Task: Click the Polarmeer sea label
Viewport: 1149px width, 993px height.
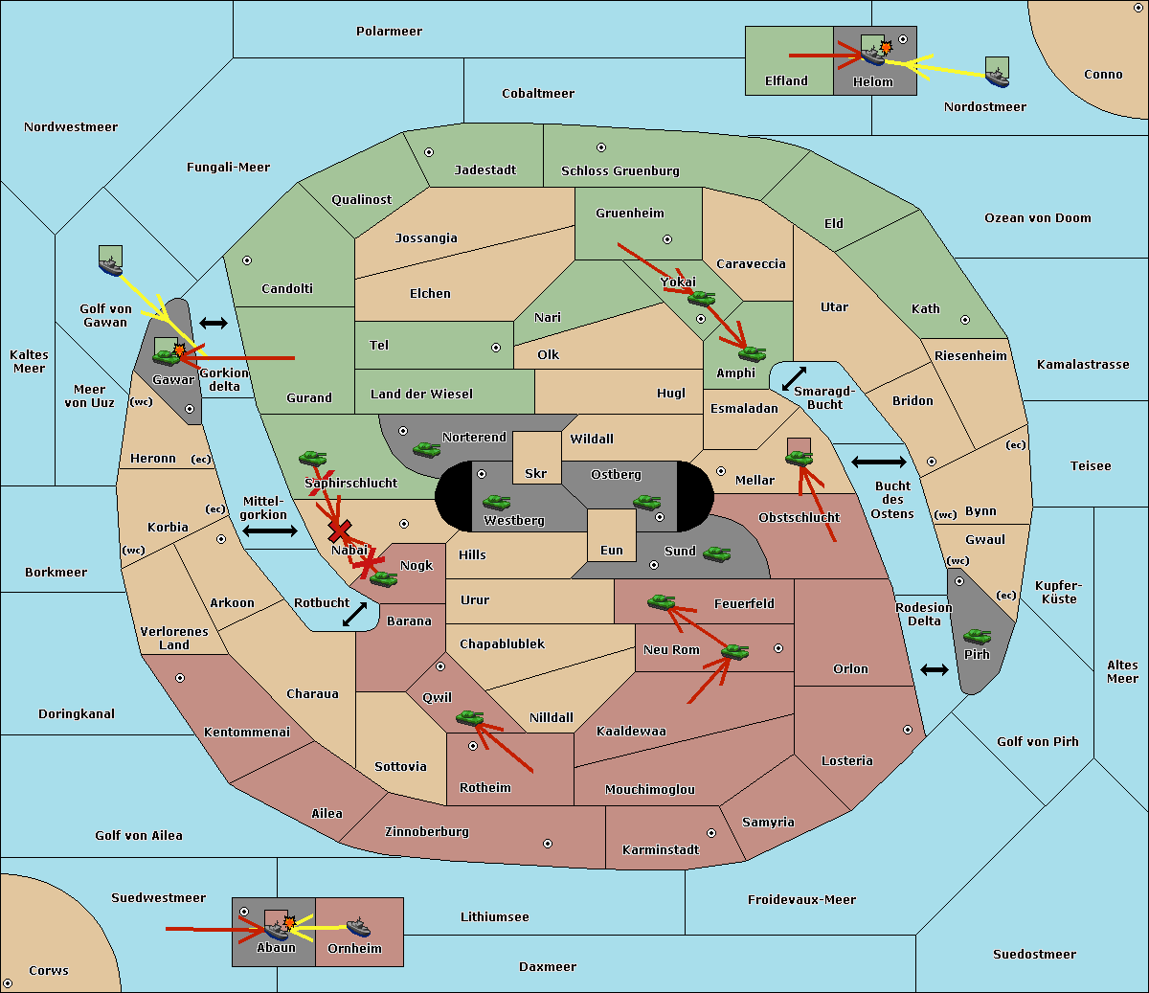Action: [389, 32]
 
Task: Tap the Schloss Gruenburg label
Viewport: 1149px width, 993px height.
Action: [620, 171]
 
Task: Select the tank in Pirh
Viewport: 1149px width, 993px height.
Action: [977, 637]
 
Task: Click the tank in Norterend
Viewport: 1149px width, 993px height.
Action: [426, 449]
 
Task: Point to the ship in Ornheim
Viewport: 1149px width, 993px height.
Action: [358, 927]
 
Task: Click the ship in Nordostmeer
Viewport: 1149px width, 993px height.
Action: [997, 73]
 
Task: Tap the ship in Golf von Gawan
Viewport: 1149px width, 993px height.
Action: [111, 260]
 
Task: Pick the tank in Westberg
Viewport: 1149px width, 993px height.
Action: [496, 502]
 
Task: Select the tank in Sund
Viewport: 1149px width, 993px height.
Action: [716, 553]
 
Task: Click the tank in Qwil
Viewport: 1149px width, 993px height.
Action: [469, 717]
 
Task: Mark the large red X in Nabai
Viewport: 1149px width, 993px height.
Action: [339, 530]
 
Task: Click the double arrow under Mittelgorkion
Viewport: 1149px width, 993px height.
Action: [269, 530]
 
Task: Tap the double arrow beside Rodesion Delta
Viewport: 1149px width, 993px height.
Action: [935, 669]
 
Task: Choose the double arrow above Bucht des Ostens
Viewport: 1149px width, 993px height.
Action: [878, 463]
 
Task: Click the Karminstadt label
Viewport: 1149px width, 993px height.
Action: [661, 850]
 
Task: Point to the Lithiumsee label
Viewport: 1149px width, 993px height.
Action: [494, 917]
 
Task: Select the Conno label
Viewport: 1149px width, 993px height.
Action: [1103, 75]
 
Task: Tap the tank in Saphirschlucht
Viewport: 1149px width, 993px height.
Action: [312, 460]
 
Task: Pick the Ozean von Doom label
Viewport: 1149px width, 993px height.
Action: [1037, 218]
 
